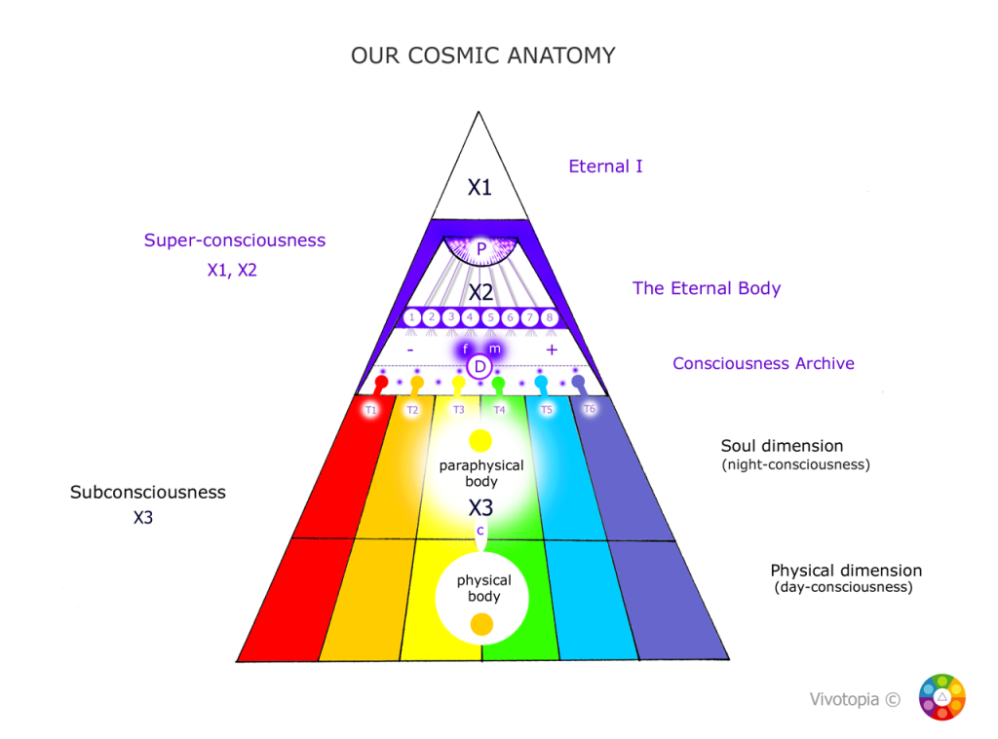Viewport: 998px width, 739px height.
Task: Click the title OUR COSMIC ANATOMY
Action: click(x=482, y=55)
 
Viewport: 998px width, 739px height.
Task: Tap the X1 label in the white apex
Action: click(x=480, y=187)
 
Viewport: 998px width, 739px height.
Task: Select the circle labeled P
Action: click(x=480, y=249)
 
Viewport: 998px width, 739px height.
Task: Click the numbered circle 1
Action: click(x=412, y=317)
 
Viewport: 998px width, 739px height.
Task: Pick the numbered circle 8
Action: click(x=549, y=317)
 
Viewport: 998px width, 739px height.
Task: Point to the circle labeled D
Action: click(x=480, y=367)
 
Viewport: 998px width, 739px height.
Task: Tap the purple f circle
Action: click(x=466, y=349)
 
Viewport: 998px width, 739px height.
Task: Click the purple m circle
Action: click(x=493, y=349)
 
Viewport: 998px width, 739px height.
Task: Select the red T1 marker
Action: click(x=370, y=410)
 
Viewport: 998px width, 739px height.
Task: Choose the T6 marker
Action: click(x=590, y=409)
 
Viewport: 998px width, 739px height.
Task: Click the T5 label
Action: click(x=546, y=410)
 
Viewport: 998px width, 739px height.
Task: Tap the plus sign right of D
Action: click(x=551, y=349)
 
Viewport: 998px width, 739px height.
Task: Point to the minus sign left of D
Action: click(x=410, y=349)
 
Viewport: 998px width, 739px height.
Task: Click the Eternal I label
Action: click(x=605, y=166)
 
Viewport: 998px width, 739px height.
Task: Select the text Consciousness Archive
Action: click(x=763, y=363)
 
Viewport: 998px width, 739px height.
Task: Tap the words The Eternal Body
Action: click(x=707, y=288)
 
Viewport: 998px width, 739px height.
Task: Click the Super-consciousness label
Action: click(x=235, y=240)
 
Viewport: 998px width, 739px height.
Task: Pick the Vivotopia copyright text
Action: click(x=855, y=699)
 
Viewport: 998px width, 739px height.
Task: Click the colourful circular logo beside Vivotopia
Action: click(x=941, y=698)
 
